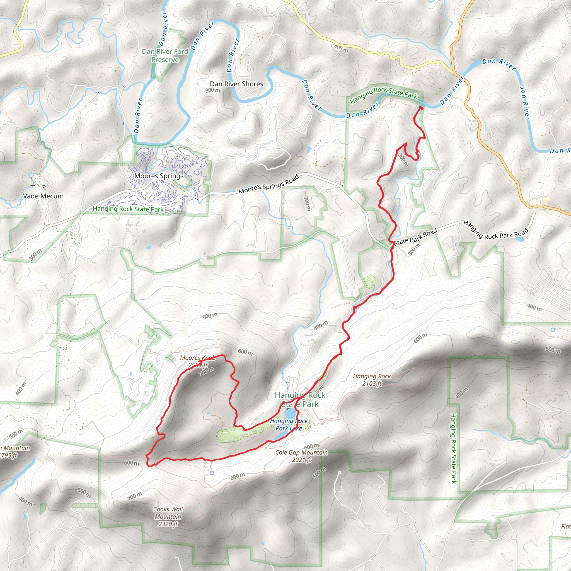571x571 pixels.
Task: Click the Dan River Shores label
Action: point(236,84)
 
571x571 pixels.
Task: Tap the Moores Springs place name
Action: point(159,176)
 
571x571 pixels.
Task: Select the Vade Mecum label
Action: point(43,196)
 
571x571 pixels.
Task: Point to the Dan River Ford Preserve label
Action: point(165,55)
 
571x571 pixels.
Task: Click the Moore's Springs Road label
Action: point(269,184)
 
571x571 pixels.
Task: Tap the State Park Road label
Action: point(415,237)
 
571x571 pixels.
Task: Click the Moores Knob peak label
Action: point(198,361)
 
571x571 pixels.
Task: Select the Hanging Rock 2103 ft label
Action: point(372,380)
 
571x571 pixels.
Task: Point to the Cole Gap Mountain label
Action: point(301,456)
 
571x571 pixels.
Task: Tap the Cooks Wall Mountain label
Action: point(168,517)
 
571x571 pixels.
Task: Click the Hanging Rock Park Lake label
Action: point(289,424)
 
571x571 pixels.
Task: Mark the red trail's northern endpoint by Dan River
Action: point(421,108)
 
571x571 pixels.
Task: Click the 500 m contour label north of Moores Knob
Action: point(210,316)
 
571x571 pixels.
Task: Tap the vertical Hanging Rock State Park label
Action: point(453,448)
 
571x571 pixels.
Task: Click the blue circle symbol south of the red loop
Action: point(212,473)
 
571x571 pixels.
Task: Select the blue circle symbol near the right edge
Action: point(553,330)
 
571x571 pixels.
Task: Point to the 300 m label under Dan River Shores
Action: point(213,90)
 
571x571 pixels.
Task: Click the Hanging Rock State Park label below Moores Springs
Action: point(128,209)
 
